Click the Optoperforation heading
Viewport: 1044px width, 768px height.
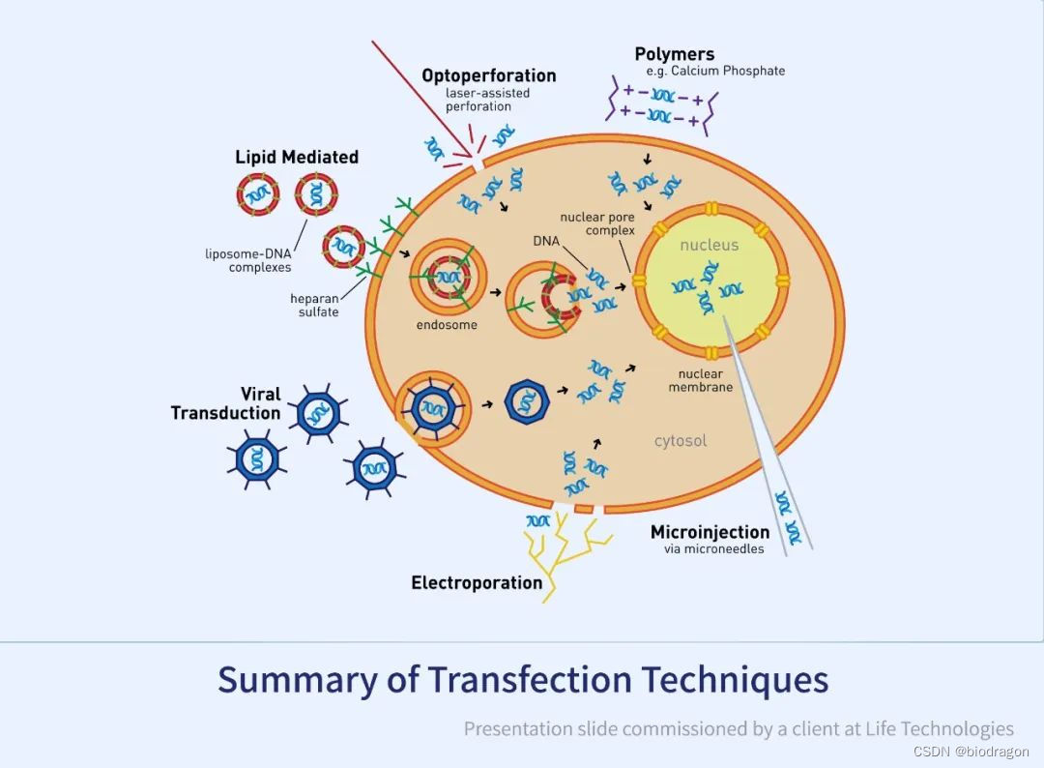[x=488, y=75]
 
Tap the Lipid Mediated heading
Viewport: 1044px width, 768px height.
[x=297, y=157]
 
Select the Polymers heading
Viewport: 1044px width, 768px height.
[x=675, y=54]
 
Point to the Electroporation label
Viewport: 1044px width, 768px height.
[x=477, y=582]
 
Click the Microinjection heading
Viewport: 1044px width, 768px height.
[x=710, y=532]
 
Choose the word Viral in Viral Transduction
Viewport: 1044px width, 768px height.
[x=261, y=394]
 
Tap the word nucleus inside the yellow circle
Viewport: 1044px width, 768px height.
[x=709, y=246]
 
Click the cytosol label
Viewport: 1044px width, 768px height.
[x=681, y=441]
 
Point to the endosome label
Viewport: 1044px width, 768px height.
[x=447, y=325]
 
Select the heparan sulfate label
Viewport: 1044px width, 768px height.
[x=314, y=306]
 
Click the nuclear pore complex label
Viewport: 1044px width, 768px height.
[x=597, y=224]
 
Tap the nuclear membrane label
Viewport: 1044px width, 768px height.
[x=700, y=380]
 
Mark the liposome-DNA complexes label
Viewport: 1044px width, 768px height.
[x=247, y=261]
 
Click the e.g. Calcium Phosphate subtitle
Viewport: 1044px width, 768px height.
[x=715, y=71]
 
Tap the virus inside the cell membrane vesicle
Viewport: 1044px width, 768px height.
[x=433, y=407]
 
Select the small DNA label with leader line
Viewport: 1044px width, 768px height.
[x=546, y=239]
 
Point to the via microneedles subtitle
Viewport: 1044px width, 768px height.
[x=713, y=549]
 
